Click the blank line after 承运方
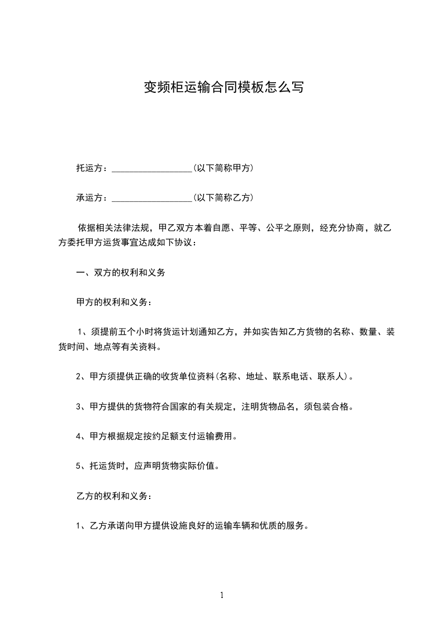[152, 198]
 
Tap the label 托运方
[89, 168]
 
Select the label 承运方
[89, 197]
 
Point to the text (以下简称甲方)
[223, 168]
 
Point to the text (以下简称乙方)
[223, 197]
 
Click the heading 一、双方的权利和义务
[120, 273]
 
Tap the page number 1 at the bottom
[222, 595]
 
